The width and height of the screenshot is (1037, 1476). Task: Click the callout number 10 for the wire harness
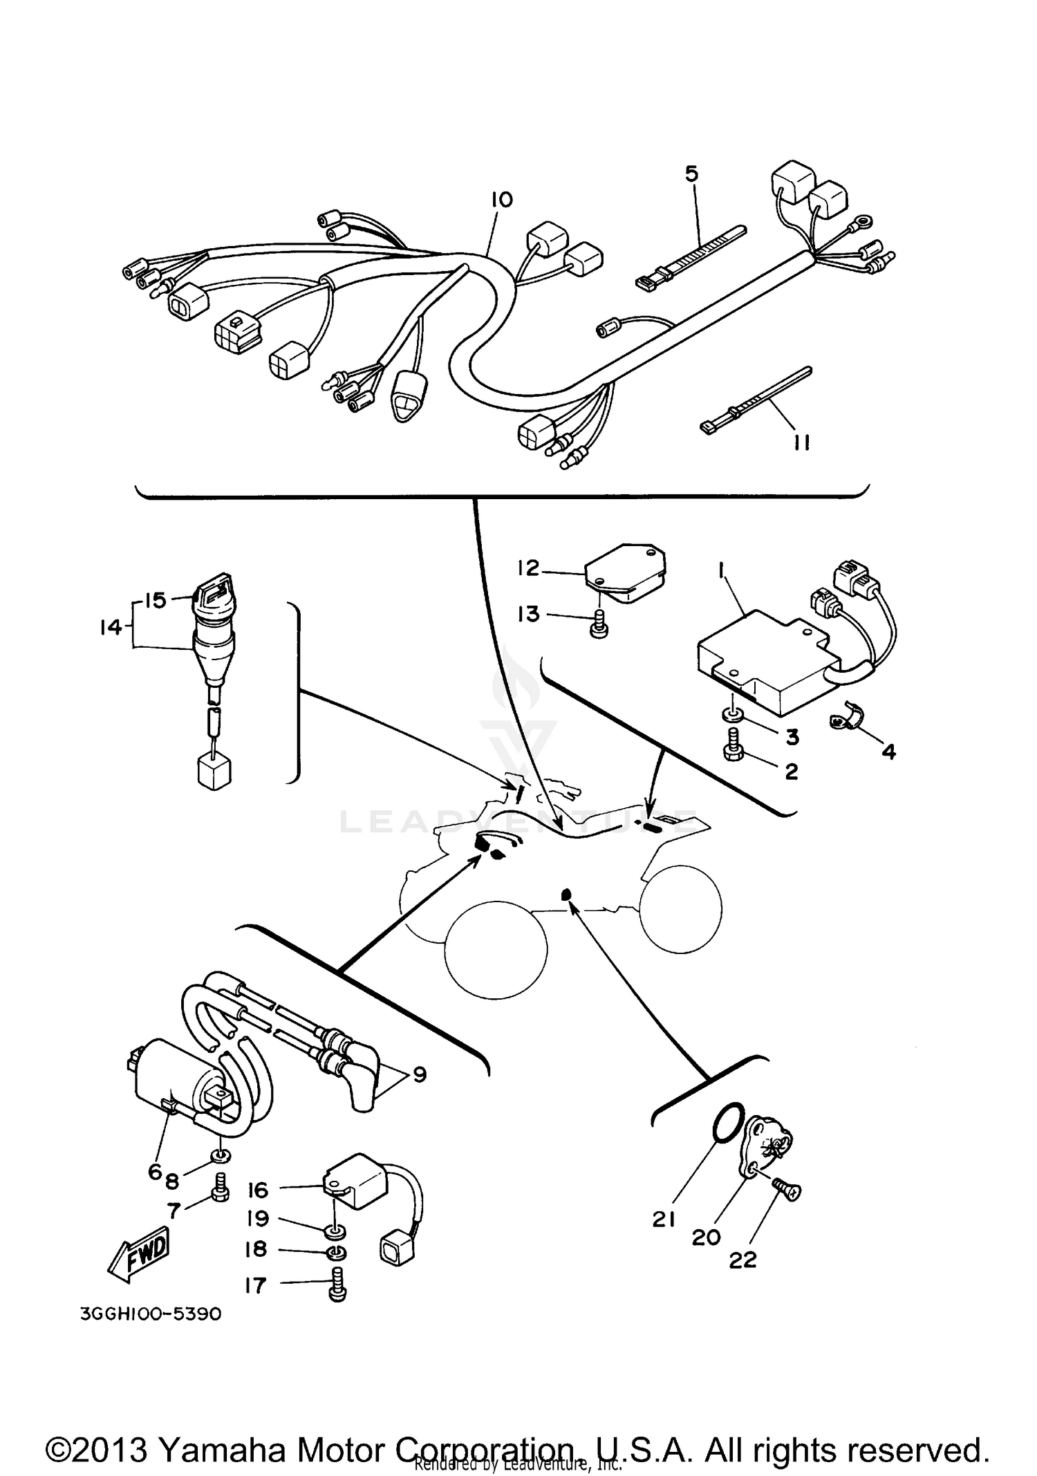tap(502, 200)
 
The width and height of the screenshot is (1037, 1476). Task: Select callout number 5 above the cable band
tap(692, 174)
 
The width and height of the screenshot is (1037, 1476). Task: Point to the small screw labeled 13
tap(599, 626)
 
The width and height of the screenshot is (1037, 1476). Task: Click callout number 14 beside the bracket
tap(111, 628)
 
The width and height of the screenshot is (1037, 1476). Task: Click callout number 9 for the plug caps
tap(419, 1074)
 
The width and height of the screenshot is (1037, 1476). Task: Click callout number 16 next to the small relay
tap(257, 1190)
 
